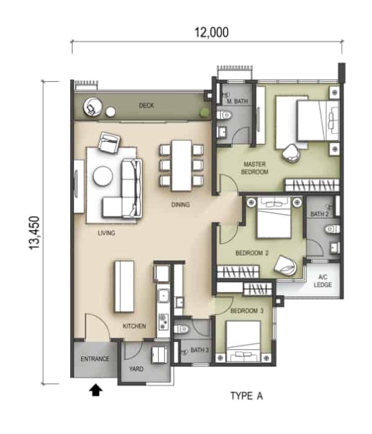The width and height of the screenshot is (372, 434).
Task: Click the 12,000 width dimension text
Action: coord(212,32)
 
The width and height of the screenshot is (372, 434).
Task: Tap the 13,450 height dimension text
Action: coord(35,232)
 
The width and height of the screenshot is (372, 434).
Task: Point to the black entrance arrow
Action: coord(95,390)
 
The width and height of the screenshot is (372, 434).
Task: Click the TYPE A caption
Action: coord(247,396)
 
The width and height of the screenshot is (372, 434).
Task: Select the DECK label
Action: coord(146,105)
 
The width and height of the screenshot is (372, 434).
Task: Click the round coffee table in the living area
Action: coord(103,176)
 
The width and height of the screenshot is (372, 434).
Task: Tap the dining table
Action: coord(182,166)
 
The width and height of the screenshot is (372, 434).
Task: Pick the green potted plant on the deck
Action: coord(205,113)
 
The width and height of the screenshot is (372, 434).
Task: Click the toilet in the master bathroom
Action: coord(224,115)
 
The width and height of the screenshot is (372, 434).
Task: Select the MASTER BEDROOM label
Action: coord(255,168)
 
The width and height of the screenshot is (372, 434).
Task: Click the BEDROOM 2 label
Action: coord(252,253)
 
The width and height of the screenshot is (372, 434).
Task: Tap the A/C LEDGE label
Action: coord(323,281)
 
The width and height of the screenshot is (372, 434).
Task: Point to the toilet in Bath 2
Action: coord(332,229)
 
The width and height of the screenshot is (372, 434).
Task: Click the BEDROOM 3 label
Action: coord(247,311)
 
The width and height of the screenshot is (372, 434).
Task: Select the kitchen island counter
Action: coord(124,286)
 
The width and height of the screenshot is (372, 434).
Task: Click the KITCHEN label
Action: coord(135,326)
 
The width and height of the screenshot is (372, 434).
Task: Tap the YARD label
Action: coord(136,369)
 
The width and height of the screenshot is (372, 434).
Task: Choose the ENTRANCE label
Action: coord(95,359)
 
